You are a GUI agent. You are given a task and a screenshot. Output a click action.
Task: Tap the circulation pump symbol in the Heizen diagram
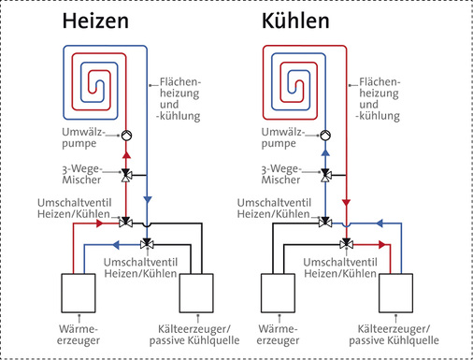[127, 135]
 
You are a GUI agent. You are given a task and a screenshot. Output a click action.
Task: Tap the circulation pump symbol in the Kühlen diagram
[326, 135]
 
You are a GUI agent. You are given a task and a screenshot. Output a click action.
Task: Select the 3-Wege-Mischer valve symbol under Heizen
[127, 174]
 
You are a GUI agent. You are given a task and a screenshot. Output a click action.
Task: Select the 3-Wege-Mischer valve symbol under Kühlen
[326, 174]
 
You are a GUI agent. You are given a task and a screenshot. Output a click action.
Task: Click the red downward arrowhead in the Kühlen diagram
[347, 201]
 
